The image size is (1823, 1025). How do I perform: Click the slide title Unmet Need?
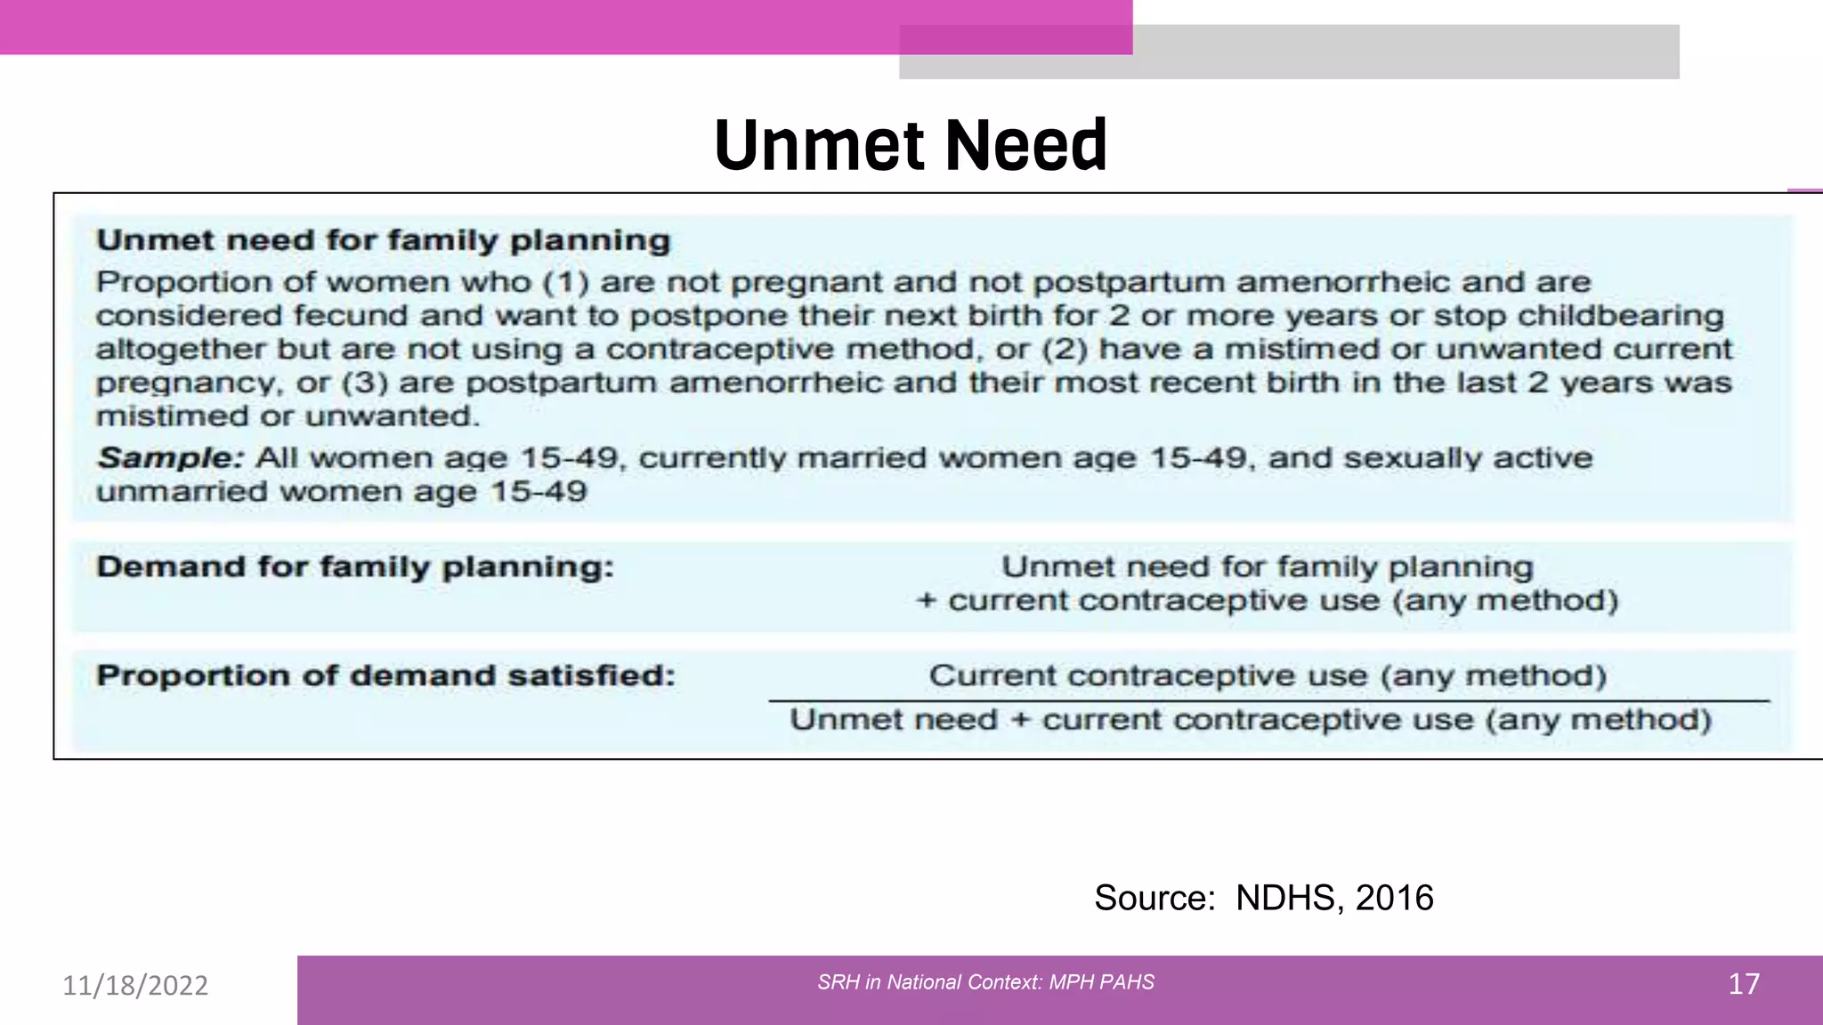coord(911,145)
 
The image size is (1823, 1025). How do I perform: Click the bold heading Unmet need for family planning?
coord(383,240)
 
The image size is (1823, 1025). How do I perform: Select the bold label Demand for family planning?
coord(355,567)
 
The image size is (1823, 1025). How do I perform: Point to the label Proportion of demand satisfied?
coord(385,675)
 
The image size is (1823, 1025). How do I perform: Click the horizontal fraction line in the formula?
coord(1268,701)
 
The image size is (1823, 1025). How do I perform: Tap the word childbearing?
coord(1620,316)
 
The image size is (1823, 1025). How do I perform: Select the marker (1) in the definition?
coord(566,282)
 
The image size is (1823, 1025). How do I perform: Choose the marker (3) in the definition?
coord(365,383)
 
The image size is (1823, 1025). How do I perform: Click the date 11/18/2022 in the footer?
coord(135,985)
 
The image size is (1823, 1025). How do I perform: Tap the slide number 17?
coord(1743,984)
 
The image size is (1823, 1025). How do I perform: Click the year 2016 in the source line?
coord(1394,898)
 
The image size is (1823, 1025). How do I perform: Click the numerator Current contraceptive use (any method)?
coord(1268,675)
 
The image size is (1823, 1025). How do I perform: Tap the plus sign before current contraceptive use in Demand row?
coord(926,601)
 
